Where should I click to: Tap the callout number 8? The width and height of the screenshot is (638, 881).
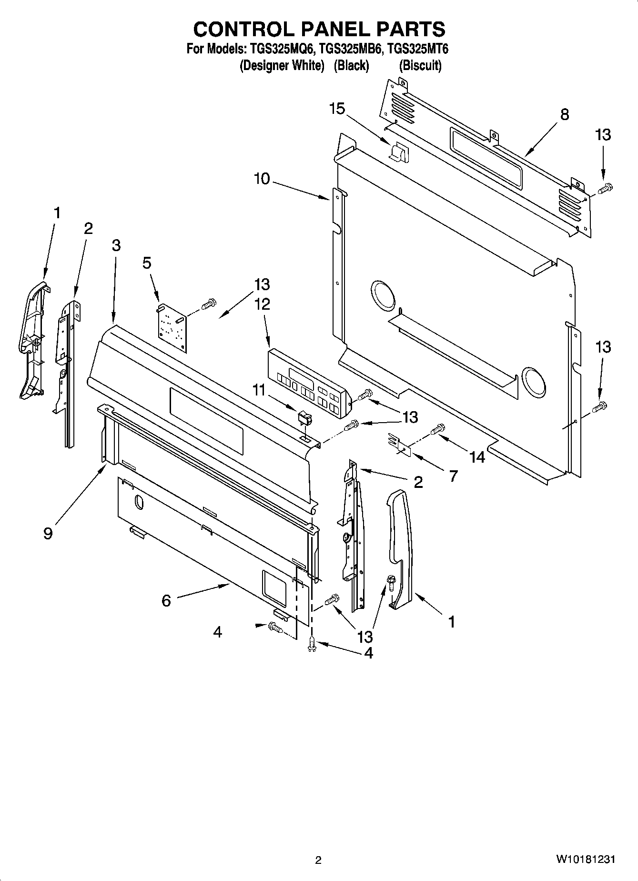[x=565, y=114]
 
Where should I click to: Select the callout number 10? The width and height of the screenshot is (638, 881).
[x=262, y=179]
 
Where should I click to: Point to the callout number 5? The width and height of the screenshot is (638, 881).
[x=147, y=263]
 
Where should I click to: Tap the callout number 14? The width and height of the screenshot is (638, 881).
[x=477, y=457]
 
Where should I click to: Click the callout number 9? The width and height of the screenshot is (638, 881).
[x=48, y=533]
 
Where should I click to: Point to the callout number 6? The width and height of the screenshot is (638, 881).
[x=166, y=600]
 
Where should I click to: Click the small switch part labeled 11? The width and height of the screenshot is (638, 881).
[x=304, y=418]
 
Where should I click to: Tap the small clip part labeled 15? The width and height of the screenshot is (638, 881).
[x=398, y=152]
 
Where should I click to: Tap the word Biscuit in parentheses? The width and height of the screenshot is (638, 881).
[x=420, y=65]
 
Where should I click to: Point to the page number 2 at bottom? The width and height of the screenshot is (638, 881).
[x=318, y=860]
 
